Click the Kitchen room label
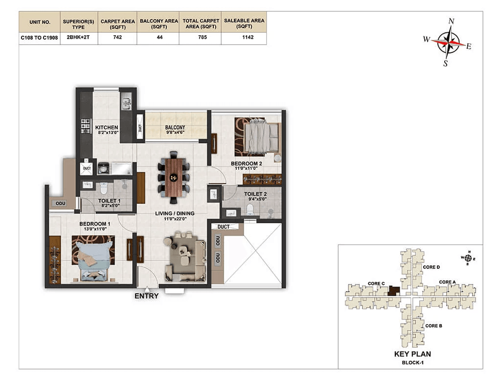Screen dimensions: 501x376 107,128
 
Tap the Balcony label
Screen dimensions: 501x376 175,128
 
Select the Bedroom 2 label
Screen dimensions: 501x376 247,164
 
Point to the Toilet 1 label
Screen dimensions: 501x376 109,201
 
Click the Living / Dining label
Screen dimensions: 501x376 175,213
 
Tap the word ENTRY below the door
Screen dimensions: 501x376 147,296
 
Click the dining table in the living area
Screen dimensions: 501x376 174,177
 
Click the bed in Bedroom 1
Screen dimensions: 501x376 93,259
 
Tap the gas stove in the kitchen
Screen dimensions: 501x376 86,126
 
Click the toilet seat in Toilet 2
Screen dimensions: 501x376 250,210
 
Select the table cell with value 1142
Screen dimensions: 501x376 248,37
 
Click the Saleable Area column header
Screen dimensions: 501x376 244,23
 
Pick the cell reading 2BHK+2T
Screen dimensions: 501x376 78,37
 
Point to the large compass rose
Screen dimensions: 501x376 449,43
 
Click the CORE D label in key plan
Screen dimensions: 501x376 432,267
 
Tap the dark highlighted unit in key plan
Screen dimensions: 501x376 394,291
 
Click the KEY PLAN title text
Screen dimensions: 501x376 412,354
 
